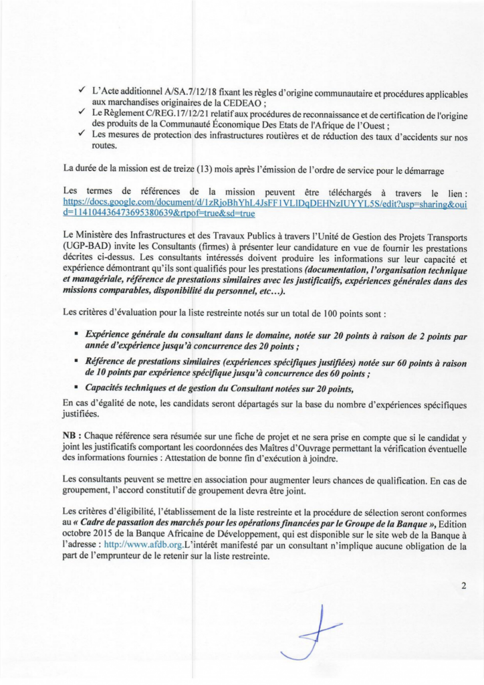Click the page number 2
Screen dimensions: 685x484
[x=463, y=586]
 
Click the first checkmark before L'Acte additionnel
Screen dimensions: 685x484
[x=81, y=90]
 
